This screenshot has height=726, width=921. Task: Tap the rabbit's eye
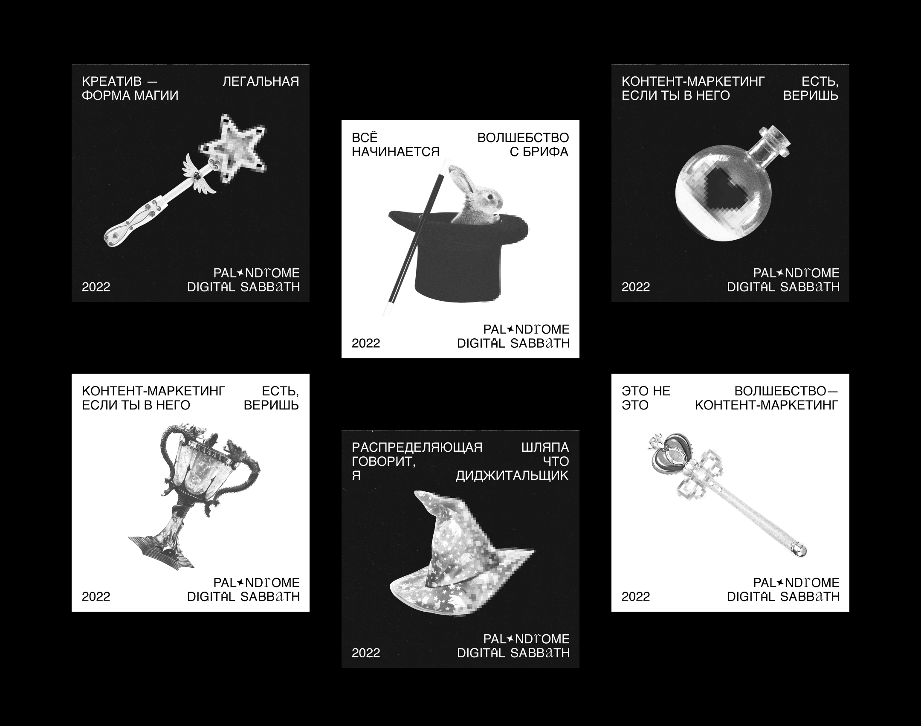[489, 196]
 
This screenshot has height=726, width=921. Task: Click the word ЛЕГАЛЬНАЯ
[261, 81]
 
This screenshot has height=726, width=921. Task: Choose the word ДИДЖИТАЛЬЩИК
[513, 475]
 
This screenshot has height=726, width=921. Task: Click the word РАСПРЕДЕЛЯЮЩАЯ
[417, 447]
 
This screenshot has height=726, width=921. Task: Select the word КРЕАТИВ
[112, 81]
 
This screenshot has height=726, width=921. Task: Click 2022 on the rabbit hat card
[366, 343]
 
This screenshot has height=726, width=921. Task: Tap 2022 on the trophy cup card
[96, 596]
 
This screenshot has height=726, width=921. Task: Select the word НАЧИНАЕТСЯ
[396, 151]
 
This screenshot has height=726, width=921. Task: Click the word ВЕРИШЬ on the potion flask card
[811, 95]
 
